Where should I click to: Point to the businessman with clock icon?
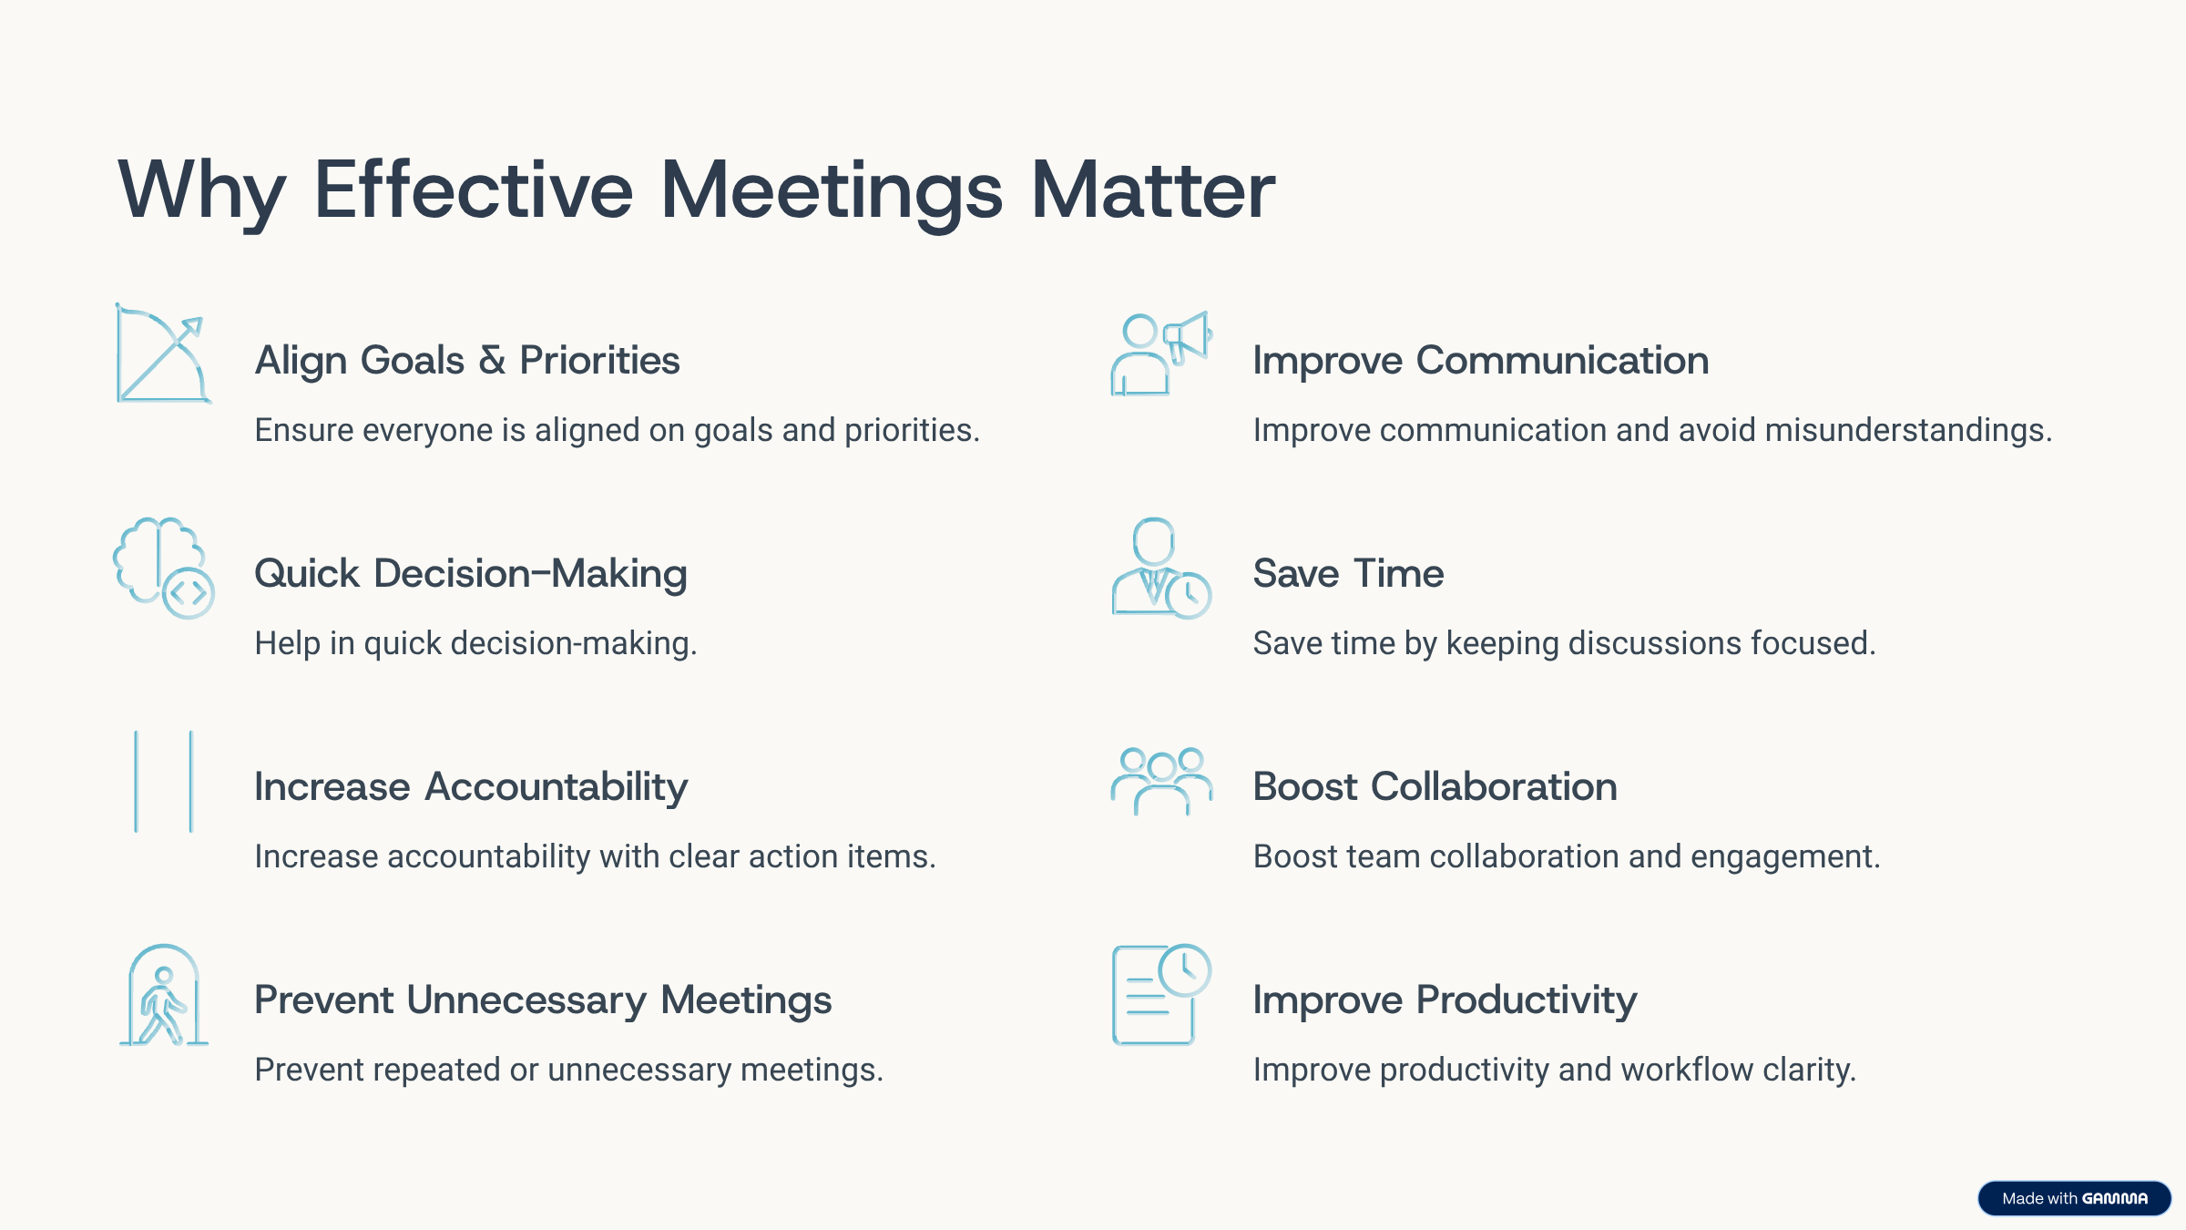[1161, 568]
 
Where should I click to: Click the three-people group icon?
[1161, 782]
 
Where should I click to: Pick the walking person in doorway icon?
[164, 995]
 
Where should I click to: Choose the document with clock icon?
[1161, 995]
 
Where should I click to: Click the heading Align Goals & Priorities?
[467, 361]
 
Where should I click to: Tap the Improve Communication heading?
[1481, 361]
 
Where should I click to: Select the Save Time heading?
[1349, 574]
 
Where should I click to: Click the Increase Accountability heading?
[471, 787]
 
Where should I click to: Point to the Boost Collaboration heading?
[1435, 787]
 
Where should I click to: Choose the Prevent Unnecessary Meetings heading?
[543, 1000]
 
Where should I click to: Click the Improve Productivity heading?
[1445, 1000]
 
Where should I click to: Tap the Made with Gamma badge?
[2074, 1198]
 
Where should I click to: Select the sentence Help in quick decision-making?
[475, 644]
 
